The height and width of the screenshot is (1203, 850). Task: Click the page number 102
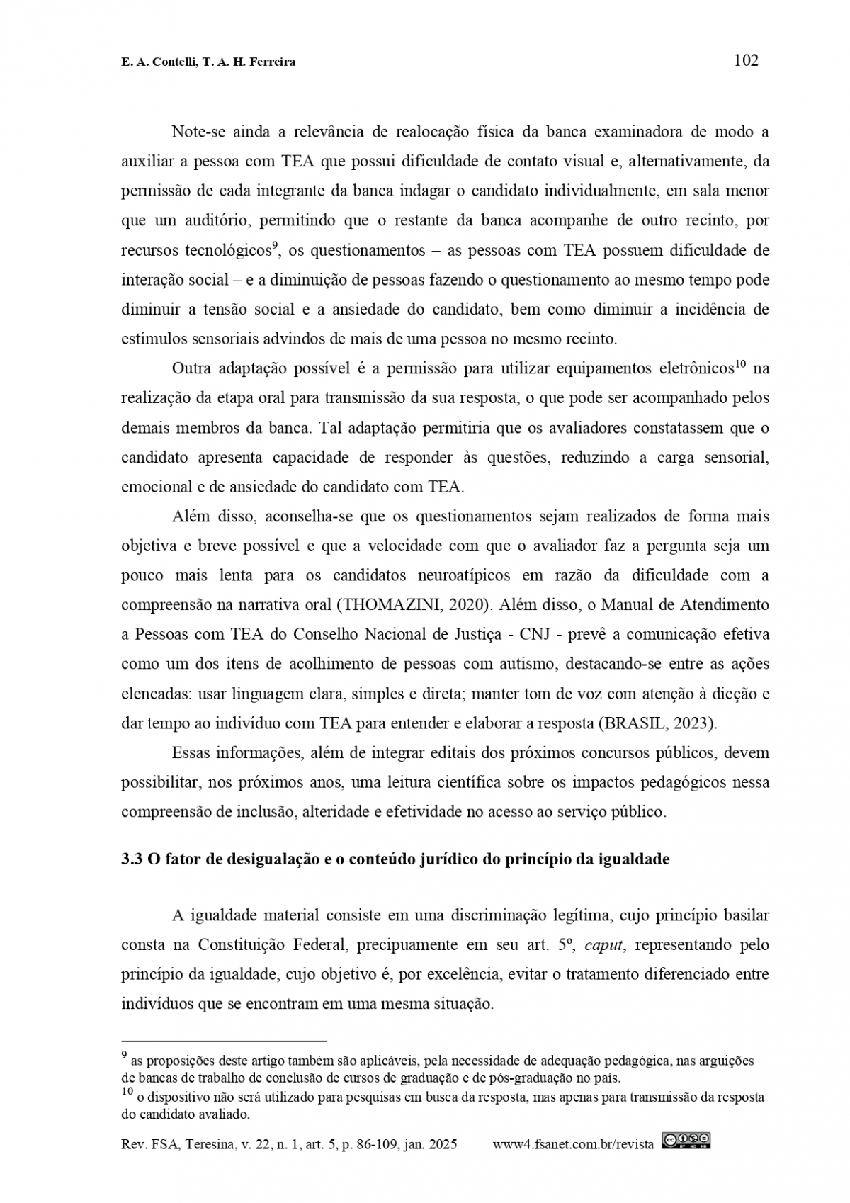(x=746, y=61)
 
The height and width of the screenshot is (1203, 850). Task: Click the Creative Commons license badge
(x=686, y=1140)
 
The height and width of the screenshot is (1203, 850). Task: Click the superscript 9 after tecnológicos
(x=274, y=246)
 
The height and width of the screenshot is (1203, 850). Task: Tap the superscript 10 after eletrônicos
(x=741, y=365)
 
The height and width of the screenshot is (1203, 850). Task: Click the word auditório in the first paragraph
(x=215, y=220)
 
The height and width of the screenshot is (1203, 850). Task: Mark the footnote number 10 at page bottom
(x=127, y=1093)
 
